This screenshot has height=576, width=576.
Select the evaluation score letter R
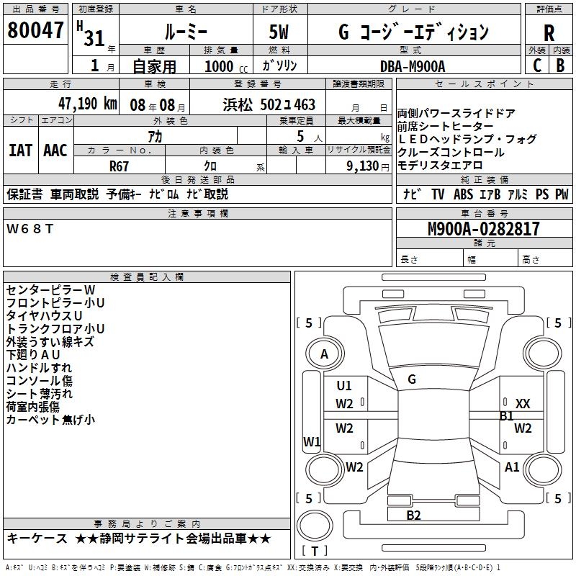(549, 33)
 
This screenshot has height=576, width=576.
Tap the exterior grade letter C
(536, 65)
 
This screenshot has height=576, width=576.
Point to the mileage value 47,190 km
(78, 104)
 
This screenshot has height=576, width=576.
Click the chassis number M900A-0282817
(483, 229)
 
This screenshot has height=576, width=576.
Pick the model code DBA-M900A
(413, 65)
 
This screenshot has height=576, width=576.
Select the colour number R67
(119, 165)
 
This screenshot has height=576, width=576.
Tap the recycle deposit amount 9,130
(364, 165)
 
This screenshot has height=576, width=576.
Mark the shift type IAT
(20, 150)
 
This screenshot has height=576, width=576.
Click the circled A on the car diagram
(325, 354)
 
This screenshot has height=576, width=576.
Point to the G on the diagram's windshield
(412, 379)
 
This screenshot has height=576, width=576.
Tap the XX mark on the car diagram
(523, 404)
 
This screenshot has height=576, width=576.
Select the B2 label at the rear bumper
(413, 515)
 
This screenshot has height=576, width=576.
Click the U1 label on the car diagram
(344, 386)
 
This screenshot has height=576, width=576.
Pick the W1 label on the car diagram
(312, 441)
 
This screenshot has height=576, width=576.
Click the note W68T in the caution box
(30, 228)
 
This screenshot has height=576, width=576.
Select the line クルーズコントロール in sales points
(450, 153)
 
